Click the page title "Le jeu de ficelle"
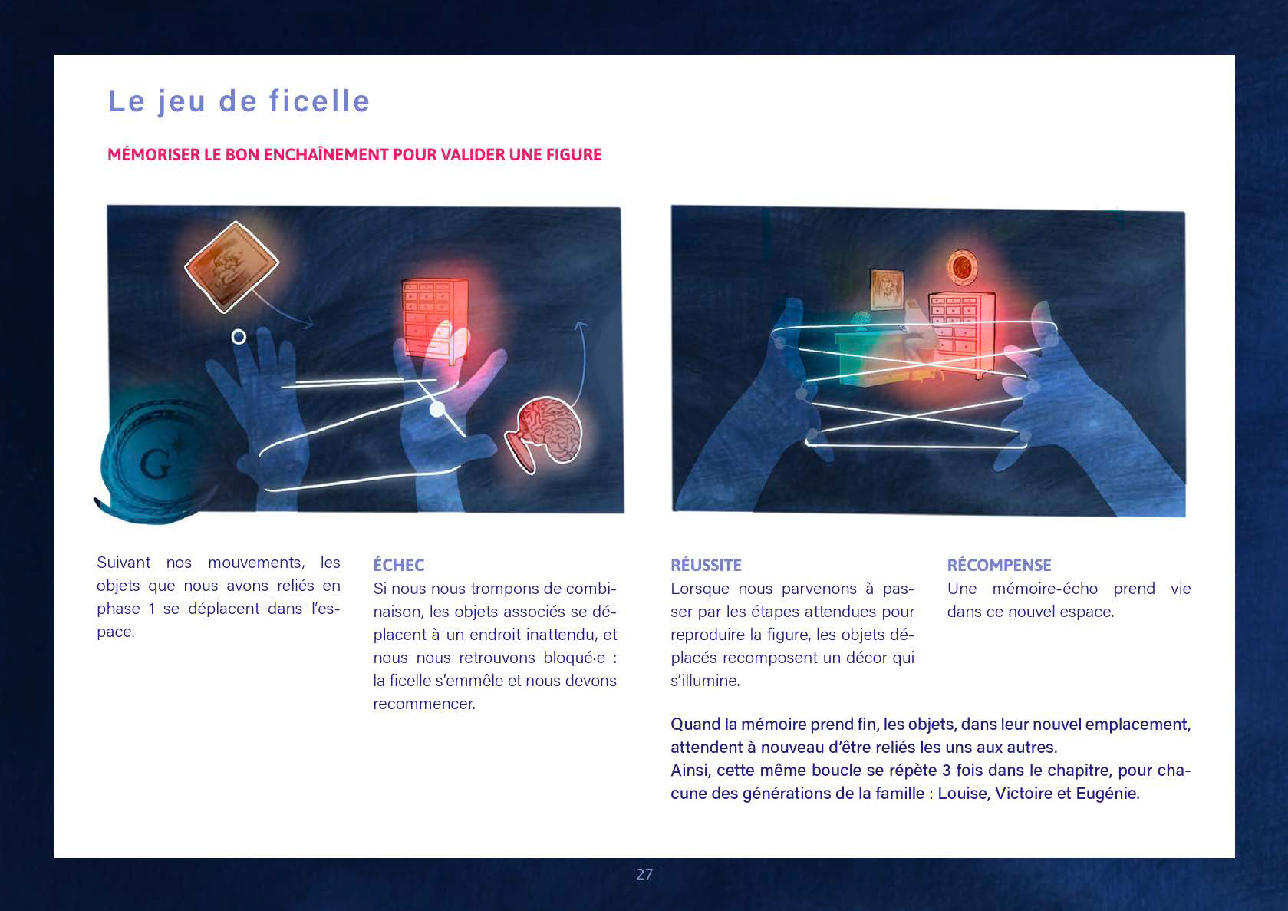tap(239, 101)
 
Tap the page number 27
tap(644, 874)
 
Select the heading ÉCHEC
tap(398, 565)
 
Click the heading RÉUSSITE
tap(706, 565)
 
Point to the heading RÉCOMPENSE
tap(999, 565)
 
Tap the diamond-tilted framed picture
tap(232, 267)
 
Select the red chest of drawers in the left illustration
tap(435, 321)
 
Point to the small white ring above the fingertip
tap(239, 336)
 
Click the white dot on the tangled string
tap(437, 409)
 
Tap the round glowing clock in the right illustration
tap(962, 267)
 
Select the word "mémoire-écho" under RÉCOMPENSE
tap(1045, 589)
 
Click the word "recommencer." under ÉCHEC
tap(424, 703)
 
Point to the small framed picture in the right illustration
tap(887, 289)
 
